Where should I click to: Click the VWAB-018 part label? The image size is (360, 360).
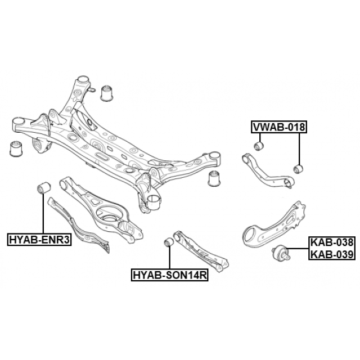click(x=279, y=127)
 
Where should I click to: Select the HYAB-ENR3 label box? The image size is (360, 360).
click(x=39, y=240)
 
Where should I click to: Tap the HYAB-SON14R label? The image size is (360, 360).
click(x=170, y=274)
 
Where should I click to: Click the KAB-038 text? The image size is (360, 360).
click(x=332, y=242)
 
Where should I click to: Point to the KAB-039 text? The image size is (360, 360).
click(x=332, y=254)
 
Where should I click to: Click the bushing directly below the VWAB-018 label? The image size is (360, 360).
click(x=259, y=146)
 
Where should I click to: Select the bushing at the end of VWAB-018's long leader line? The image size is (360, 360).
click(x=299, y=169)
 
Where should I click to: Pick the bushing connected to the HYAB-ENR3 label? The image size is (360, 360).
click(x=44, y=187)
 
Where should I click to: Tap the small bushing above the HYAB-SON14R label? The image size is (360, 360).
click(x=169, y=242)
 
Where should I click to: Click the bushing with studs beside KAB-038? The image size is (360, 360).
click(x=281, y=253)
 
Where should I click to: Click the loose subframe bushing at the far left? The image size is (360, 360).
click(x=16, y=148)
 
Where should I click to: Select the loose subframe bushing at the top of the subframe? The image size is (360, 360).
click(x=108, y=93)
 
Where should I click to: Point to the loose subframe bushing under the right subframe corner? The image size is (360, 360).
click(x=214, y=178)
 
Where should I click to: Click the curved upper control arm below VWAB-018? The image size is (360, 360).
click(x=268, y=172)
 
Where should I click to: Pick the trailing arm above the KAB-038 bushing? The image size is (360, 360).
click(x=274, y=225)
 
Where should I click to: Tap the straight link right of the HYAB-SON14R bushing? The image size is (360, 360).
click(x=201, y=252)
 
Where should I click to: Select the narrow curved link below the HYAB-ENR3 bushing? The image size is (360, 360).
click(x=78, y=225)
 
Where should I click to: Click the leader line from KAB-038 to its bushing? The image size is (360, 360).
click(x=298, y=249)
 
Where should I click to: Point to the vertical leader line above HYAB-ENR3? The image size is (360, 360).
click(x=43, y=213)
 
